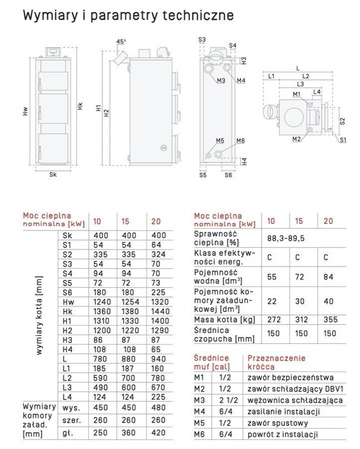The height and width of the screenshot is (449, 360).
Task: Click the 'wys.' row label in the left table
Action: pos(70,406)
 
